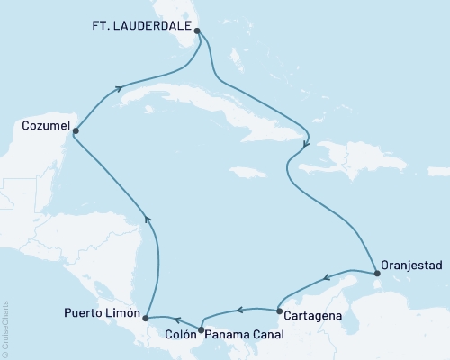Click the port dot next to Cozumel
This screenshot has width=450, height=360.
point(75,131)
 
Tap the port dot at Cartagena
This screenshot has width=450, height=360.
point(279,312)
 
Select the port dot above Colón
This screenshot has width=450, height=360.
point(201,328)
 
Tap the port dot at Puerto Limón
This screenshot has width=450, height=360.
point(146,318)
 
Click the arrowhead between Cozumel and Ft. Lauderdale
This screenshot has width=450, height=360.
point(121,89)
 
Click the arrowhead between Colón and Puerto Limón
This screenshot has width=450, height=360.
point(178,319)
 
